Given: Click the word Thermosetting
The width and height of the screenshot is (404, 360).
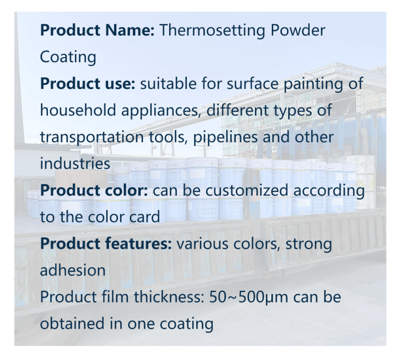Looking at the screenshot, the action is [x=212, y=31].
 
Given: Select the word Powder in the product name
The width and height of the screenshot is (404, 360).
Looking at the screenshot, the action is [x=298, y=30].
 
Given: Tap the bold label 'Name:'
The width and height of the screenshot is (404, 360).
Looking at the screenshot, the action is [x=130, y=30].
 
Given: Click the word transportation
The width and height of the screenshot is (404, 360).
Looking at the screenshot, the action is [x=92, y=137].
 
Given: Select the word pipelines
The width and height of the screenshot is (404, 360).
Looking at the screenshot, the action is [x=225, y=137].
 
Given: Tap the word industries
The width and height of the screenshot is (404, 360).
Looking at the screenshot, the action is [x=75, y=163].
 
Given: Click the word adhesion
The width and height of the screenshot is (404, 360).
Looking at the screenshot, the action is [x=73, y=270].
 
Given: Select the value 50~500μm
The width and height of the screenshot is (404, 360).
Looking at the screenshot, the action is [x=249, y=297].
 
